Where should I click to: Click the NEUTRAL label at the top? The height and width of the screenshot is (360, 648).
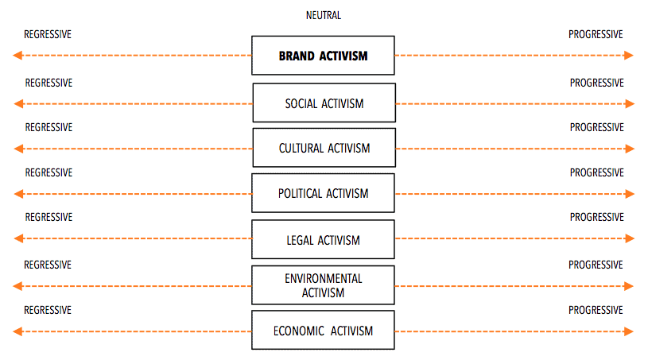pyautogui.click(x=323, y=15)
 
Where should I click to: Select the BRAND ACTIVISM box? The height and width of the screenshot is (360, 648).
pyautogui.click(x=323, y=56)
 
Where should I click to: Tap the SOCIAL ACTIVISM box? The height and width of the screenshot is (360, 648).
pyautogui.click(x=324, y=103)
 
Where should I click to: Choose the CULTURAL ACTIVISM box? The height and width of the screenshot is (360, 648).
pyautogui.click(x=324, y=147)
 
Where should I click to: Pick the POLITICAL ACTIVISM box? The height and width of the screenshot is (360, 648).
pyautogui.click(x=323, y=193)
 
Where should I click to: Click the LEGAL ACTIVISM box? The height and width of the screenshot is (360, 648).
pyautogui.click(x=323, y=239)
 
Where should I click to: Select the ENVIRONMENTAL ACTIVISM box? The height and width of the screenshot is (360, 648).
pyautogui.click(x=323, y=285)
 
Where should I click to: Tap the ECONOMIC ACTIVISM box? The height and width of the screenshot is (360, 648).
pyautogui.click(x=323, y=331)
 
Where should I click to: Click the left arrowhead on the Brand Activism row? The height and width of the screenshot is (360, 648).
pyautogui.click(x=17, y=56)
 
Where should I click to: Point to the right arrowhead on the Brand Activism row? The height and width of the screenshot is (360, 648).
pyautogui.click(x=629, y=56)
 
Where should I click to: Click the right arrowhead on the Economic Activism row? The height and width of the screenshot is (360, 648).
pyautogui.click(x=629, y=331)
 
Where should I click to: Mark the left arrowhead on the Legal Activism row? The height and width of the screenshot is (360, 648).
pyautogui.click(x=18, y=238)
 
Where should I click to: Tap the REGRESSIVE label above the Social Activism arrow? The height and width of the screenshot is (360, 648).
pyautogui.click(x=49, y=83)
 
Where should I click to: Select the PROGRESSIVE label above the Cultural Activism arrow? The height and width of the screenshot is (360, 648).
pyautogui.click(x=597, y=128)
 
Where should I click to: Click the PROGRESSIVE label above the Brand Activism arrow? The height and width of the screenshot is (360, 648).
pyautogui.click(x=596, y=35)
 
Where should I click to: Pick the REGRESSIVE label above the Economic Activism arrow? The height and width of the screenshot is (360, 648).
pyautogui.click(x=48, y=311)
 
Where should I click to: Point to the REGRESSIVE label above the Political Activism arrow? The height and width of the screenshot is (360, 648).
pyautogui.click(x=49, y=173)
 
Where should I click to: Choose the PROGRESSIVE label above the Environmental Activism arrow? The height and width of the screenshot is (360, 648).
pyautogui.click(x=596, y=265)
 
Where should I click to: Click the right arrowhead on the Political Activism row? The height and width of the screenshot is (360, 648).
pyautogui.click(x=630, y=194)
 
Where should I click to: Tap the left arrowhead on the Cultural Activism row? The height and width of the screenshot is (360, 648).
pyautogui.click(x=18, y=149)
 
